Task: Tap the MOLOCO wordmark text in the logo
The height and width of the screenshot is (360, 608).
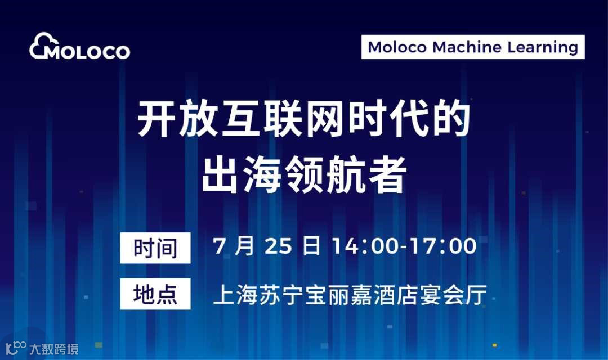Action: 87,52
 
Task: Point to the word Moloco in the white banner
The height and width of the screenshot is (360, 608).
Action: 397,47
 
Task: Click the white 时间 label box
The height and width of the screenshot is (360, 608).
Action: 155,248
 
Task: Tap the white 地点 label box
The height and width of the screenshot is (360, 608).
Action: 155,294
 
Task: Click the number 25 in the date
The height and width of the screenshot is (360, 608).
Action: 278,246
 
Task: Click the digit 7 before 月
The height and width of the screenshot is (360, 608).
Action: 220,246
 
